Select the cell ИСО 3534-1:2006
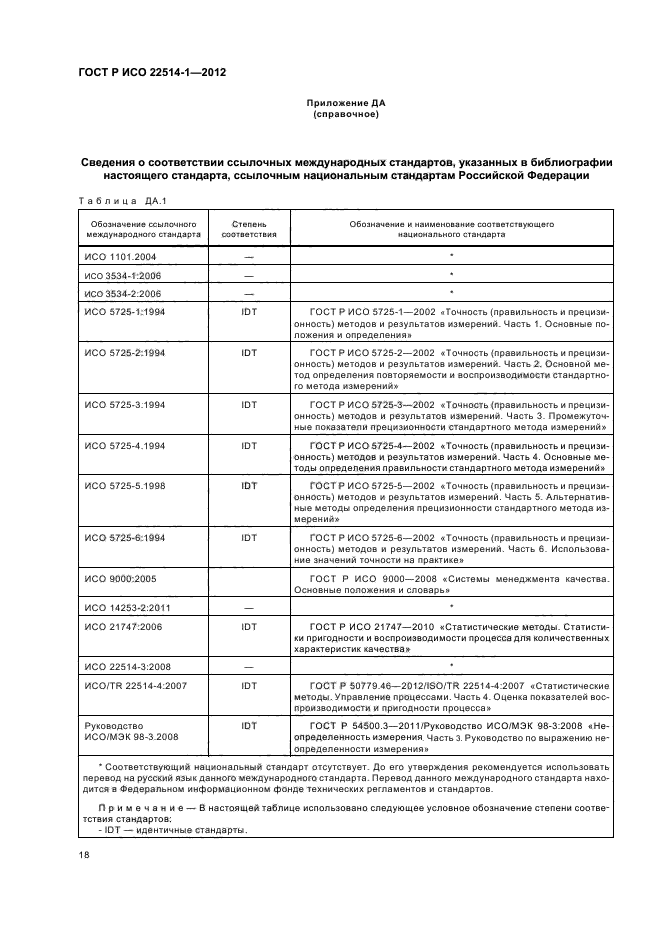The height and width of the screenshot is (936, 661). tap(124, 275)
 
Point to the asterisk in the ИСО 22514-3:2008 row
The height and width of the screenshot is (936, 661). tap(452, 664)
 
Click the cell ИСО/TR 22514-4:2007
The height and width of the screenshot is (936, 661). tap(134, 684)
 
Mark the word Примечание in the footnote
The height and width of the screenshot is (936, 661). tap(144, 805)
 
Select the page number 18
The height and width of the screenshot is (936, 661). tap(84, 856)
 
